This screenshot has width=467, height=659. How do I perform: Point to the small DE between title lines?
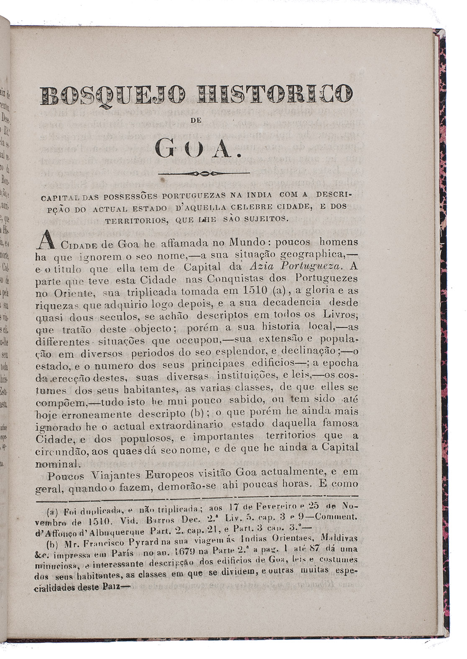(196, 120)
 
